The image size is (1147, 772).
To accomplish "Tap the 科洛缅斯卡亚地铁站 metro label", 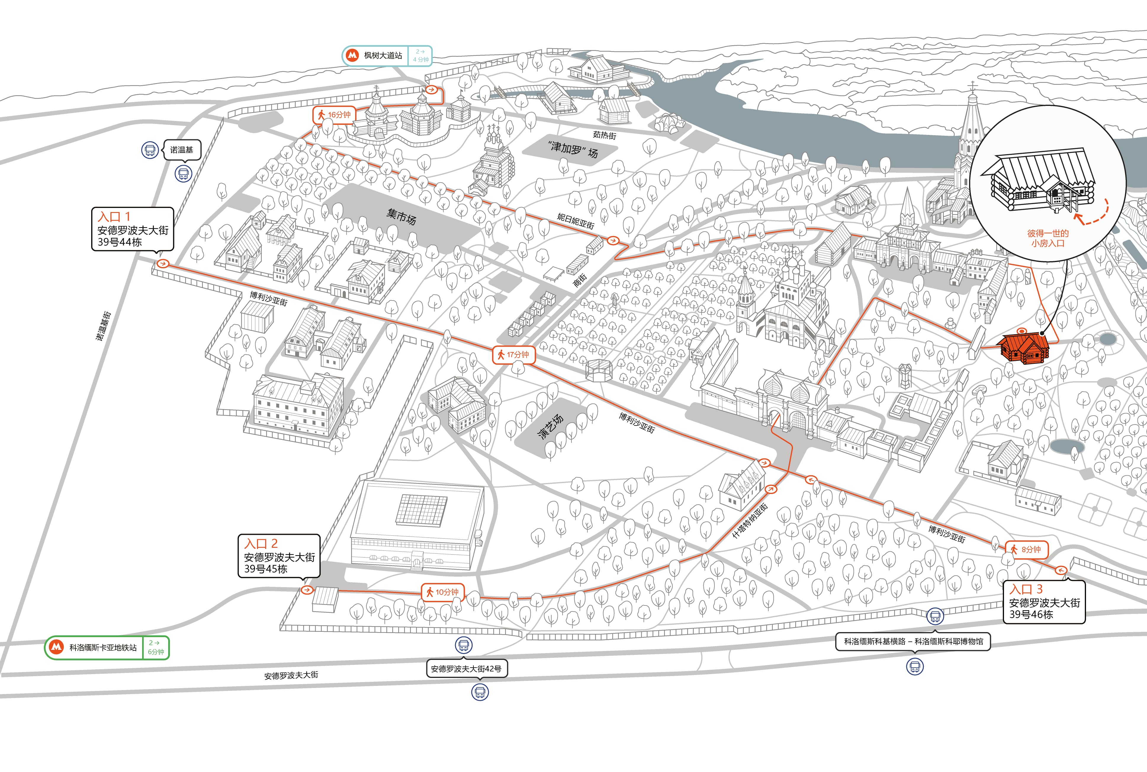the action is pos(107,647).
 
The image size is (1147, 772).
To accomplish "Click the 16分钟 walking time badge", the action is pos(334,115).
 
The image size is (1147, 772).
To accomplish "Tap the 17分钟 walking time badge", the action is pos(513,354).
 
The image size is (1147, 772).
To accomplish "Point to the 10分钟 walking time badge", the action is pos(442,592).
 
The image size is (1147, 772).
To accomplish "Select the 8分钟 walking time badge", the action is pos(1026,550).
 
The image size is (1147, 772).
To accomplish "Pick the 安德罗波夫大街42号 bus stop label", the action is pos(466,668).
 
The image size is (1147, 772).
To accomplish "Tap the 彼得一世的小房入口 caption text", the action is pos(1048,238).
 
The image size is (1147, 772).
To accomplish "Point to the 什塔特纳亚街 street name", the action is pos(750,520).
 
